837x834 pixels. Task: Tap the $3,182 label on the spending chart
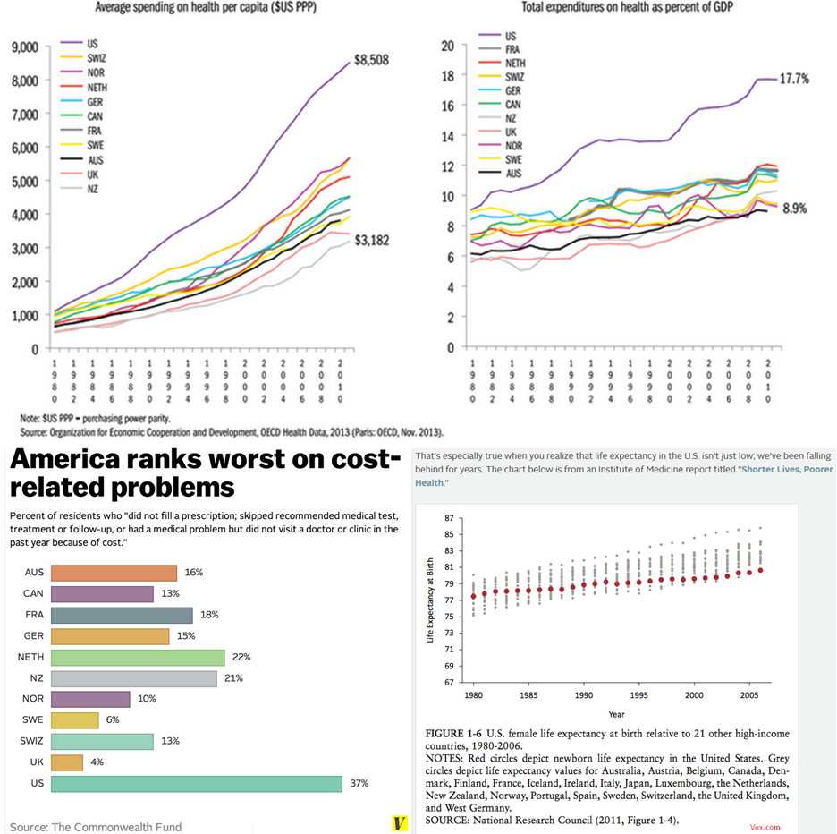[372, 241]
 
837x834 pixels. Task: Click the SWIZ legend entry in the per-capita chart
[97, 58]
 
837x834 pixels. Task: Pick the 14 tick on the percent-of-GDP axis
[449, 136]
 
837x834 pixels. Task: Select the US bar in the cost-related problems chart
[197, 784]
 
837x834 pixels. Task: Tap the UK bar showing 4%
[67, 762]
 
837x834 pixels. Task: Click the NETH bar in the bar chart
[138, 658]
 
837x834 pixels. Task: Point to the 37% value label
[359, 784]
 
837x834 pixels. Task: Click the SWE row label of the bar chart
[34, 720]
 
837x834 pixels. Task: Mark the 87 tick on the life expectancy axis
[449, 518]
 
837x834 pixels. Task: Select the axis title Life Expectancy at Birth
[430, 600]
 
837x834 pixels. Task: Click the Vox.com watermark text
[765, 828]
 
